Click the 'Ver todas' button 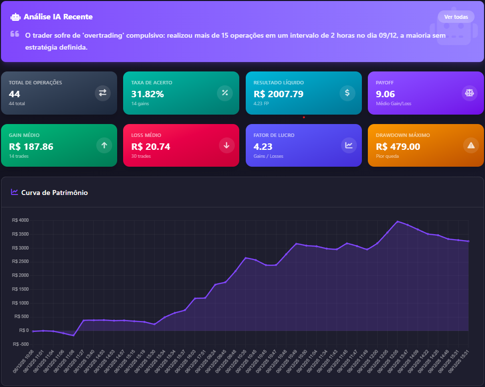[x=456, y=17]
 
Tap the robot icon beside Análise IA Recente [x=15, y=17]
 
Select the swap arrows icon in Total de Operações [x=103, y=93]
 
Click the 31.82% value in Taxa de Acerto [x=147, y=94]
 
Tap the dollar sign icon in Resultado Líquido [x=347, y=93]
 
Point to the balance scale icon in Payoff [x=469, y=93]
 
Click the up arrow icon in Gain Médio [x=104, y=145]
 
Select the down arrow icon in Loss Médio [x=226, y=145]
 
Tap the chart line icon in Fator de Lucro [x=349, y=145]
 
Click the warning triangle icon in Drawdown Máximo [x=471, y=145]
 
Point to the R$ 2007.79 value [x=278, y=94]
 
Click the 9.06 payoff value [x=385, y=94]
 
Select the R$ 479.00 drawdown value [x=398, y=146]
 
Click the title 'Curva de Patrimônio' [x=55, y=193]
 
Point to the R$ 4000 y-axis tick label [x=20, y=220]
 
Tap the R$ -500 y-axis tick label [x=20, y=344]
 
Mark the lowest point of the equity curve [x=73, y=336]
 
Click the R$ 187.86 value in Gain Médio [x=31, y=146]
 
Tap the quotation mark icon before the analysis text [x=15, y=34]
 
